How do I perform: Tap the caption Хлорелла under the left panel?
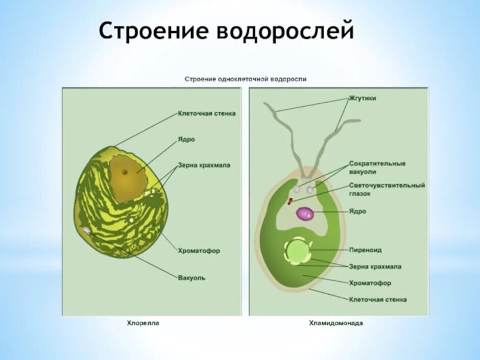[142, 323]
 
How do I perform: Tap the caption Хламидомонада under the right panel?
[335, 323]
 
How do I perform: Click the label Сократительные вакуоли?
[377, 167]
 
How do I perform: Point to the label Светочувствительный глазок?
[387, 189]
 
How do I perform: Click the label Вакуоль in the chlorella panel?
[192, 278]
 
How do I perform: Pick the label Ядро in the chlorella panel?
[186, 139]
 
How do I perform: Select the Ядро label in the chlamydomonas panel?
[357, 211]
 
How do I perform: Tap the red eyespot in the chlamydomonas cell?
[291, 201]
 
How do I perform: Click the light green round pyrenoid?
[297, 250]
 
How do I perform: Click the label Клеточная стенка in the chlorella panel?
[206, 113]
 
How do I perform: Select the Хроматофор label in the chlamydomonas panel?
[370, 283]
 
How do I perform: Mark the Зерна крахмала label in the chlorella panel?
[204, 165]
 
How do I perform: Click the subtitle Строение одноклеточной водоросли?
[245, 79]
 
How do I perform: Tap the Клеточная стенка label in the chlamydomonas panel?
[378, 299]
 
